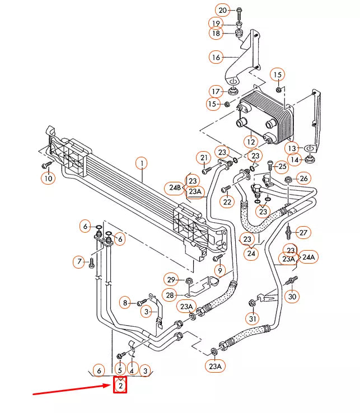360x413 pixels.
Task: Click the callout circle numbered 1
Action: [142, 163]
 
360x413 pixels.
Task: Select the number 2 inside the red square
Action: [120, 385]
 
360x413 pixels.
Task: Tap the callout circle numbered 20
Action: [223, 11]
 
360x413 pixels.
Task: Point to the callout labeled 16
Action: [216, 57]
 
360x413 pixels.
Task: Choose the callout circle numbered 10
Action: [48, 179]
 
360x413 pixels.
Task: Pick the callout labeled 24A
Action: [308, 257]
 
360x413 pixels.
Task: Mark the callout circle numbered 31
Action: [253, 319]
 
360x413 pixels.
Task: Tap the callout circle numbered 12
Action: [251, 143]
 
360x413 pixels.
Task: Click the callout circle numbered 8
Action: [125, 303]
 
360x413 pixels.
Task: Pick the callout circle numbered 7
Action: [78, 261]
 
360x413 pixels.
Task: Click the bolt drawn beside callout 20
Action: [240, 11]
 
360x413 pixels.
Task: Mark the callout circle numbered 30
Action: [292, 297]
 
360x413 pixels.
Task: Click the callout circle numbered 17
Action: [216, 91]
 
